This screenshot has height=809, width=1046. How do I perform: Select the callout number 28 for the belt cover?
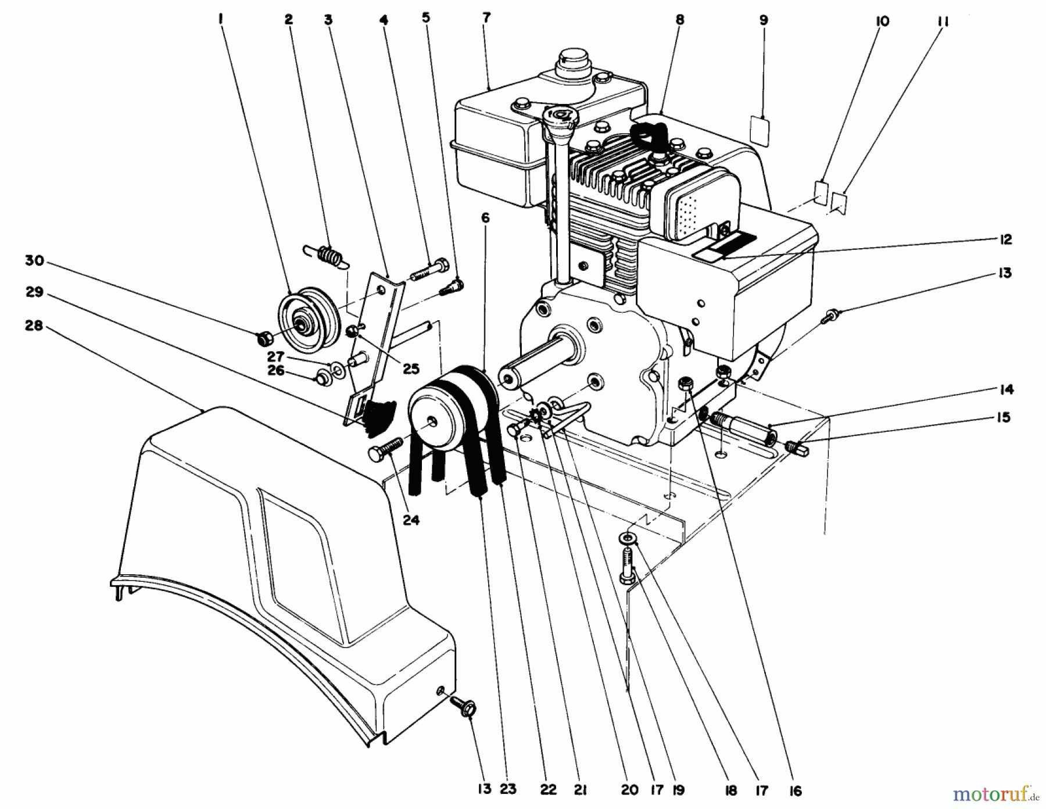click(34, 327)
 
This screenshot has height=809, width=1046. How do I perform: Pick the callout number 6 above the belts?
click(485, 218)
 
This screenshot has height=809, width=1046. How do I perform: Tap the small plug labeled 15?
click(794, 448)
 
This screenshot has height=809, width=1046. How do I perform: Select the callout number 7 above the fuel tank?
click(486, 17)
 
